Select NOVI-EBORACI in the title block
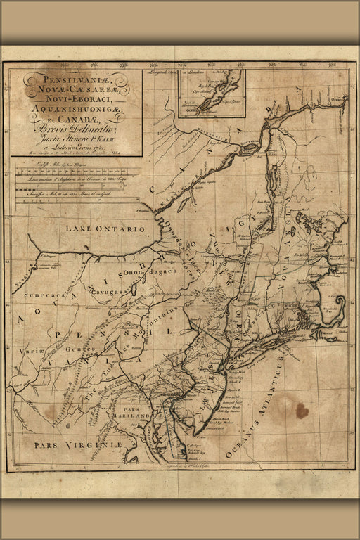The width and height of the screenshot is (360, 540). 73,101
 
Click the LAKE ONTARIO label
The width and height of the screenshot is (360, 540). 105,229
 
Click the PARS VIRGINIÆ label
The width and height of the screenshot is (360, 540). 78,445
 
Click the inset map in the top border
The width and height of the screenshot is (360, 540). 211,91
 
